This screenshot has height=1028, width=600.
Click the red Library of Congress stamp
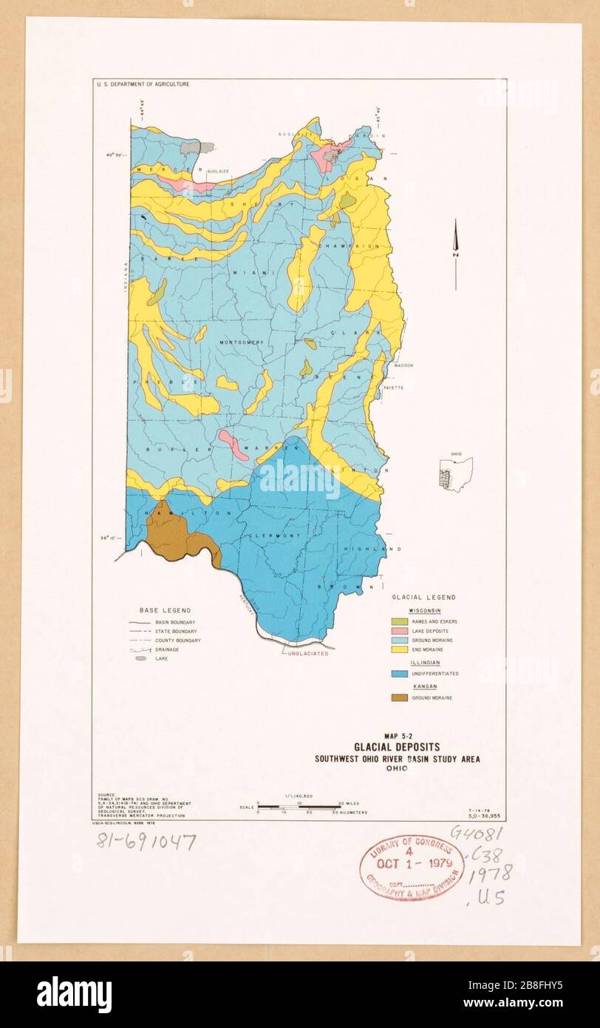click(412, 868)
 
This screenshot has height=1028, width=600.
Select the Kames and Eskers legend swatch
click(399, 621)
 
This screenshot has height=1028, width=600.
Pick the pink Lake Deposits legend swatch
click(399, 631)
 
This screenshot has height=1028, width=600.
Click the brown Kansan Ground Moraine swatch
click(399, 697)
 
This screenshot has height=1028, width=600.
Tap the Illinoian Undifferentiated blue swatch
click(399, 673)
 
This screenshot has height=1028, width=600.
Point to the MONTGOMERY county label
click(242, 342)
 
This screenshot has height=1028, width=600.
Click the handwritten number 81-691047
click(146, 841)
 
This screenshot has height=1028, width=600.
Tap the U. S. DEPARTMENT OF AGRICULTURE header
click(143, 84)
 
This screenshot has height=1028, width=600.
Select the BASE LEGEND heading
click(166, 610)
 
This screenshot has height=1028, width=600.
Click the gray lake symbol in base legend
click(141, 657)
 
